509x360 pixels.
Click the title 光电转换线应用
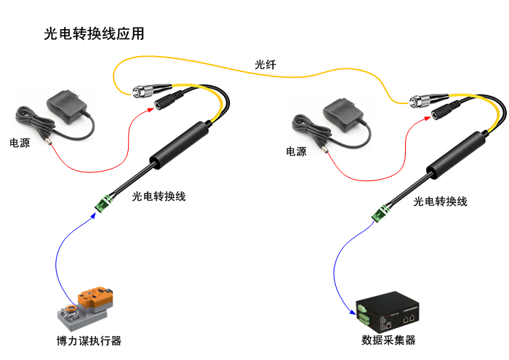(95, 33)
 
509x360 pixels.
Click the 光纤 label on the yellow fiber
(265, 64)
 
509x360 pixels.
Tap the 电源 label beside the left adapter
(20, 143)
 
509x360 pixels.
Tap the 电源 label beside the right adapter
(296, 151)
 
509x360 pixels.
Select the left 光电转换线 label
(159, 196)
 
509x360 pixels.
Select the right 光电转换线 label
(440, 201)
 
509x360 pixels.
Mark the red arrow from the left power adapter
(95, 164)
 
